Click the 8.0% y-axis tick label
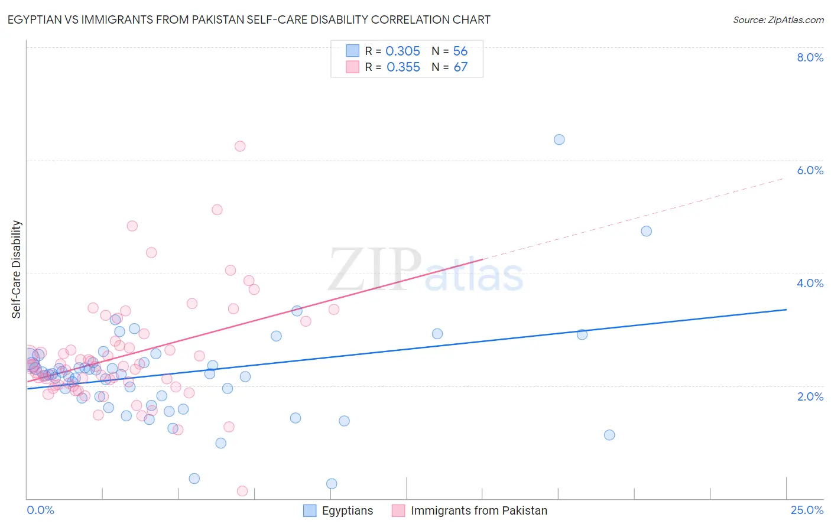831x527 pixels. click(810, 57)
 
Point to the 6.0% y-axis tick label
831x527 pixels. click(810, 170)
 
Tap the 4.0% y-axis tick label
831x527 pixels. click(810, 283)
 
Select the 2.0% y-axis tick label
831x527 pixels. click(810, 396)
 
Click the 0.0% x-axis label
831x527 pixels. click(40, 510)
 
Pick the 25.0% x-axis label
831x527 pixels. click(807, 510)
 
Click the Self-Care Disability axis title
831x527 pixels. click(17, 269)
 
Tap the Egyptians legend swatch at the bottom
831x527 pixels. click(310, 510)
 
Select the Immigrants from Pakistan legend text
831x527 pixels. click(479, 510)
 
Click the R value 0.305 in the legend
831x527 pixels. click(402, 51)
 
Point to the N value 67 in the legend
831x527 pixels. click(460, 67)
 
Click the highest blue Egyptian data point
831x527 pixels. click(559, 139)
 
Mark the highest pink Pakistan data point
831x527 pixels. click(240, 146)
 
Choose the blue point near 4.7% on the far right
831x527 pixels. click(647, 231)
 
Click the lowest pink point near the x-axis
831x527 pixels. click(242, 491)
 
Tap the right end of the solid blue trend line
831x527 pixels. click(786, 310)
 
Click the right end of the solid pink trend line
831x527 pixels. click(483, 259)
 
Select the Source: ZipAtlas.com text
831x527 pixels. click(778, 20)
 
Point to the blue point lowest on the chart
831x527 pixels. click(332, 484)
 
